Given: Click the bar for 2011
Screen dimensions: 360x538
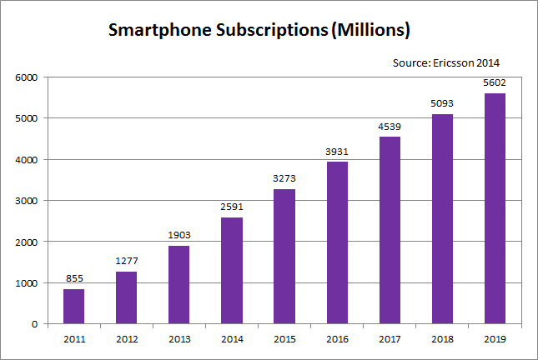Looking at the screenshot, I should (x=74, y=306).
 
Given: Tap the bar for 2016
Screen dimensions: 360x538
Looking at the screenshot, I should (x=337, y=242).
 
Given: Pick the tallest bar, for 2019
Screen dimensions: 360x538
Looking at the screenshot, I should (x=495, y=208).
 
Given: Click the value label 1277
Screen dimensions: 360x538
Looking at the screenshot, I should (x=127, y=262).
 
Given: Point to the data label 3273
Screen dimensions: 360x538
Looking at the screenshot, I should (x=284, y=179).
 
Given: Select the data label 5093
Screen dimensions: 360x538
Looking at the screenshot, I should (x=442, y=104).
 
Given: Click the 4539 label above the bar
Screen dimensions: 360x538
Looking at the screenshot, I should (x=390, y=127).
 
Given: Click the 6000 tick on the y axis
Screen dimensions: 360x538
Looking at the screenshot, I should (x=28, y=77).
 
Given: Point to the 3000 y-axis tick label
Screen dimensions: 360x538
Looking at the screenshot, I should (x=28, y=201).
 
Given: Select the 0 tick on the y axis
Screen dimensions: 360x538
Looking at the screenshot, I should (x=35, y=324).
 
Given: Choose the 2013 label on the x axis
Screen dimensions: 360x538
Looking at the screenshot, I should (x=179, y=338).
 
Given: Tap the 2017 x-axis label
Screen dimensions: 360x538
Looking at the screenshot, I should (x=390, y=338).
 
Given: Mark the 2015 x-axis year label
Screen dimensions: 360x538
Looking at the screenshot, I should (x=284, y=338).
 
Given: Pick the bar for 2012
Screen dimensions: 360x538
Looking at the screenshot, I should (x=127, y=297).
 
